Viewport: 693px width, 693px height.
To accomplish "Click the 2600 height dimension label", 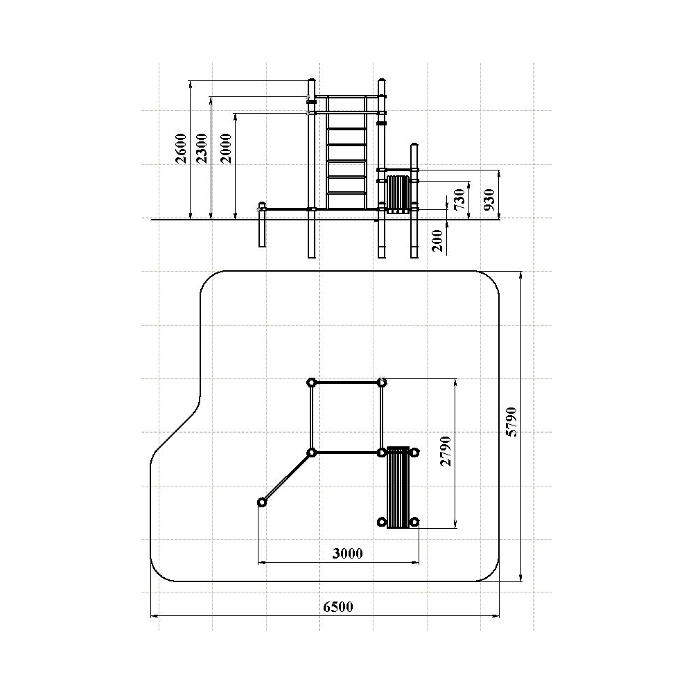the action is [x=181, y=148].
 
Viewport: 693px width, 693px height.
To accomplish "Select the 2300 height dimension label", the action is [x=202, y=148].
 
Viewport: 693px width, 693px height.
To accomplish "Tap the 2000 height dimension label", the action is [x=226, y=148].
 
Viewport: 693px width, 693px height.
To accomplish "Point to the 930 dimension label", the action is [x=489, y=200].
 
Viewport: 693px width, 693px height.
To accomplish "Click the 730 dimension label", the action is [x=459, y=200].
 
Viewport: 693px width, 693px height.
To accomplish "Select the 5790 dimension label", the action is [x=511, y=422].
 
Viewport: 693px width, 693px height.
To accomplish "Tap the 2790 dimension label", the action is [x=446, y=451].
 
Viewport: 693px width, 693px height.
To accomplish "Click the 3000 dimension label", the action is [x=347, y=553].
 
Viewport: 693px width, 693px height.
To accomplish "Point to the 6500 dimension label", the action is [x=338, y=607].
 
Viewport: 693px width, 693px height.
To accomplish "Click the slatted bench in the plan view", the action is [x=398, y=487].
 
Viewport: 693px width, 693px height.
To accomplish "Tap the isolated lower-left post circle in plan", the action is [x=262, y=502].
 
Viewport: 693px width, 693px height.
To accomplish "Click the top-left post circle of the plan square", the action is [x=311, y=383].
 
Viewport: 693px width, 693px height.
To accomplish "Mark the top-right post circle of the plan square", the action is [x=382, y=383].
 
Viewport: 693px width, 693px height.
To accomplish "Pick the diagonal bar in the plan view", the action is [x=287, y=477].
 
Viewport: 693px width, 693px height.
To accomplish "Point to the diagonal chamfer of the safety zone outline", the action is [x=175, y=431].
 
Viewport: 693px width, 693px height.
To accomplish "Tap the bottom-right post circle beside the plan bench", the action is [x=414, y=522].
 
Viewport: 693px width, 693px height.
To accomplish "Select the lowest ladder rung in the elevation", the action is [x=346, y=193].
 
